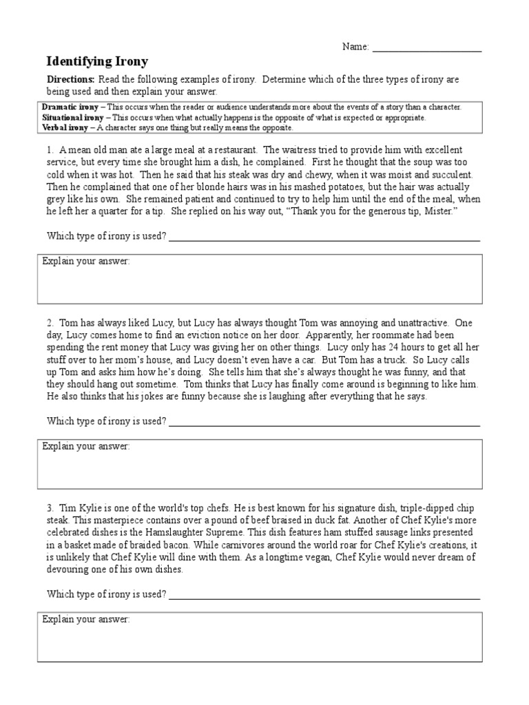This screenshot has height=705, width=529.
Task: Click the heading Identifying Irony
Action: click(97, 61)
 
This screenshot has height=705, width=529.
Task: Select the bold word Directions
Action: click(70, 80)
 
